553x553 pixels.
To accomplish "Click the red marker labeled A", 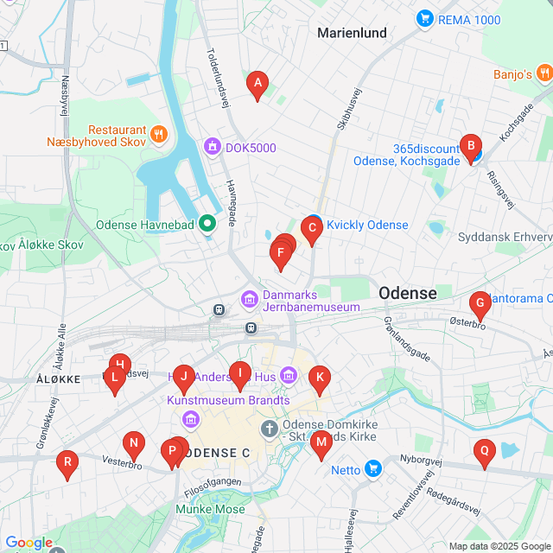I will [256, 85].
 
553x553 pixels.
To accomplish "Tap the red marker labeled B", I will [470, 147].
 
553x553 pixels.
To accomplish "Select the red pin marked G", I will [479, 304].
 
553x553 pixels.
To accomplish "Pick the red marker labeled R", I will [67, 463].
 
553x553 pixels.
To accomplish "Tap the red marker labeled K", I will [320, 378].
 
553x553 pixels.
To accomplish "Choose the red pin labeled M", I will [321, 444].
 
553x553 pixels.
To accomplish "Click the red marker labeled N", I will [133, 444].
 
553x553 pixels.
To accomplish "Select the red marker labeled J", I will [182, 377].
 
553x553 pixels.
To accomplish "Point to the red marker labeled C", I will [311, 229].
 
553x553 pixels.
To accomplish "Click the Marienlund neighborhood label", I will [352, 33].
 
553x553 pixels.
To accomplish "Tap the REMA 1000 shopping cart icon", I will [424, 18].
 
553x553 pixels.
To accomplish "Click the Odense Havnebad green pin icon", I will [207, 225].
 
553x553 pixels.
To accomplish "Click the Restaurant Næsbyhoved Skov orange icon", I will [158, 133].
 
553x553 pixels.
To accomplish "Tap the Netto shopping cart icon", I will [373, 469].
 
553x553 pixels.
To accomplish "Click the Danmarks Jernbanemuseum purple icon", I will [250, 299].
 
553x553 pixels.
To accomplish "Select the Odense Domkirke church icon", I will [270, 429].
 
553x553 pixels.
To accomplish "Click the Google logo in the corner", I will [28, 542].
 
